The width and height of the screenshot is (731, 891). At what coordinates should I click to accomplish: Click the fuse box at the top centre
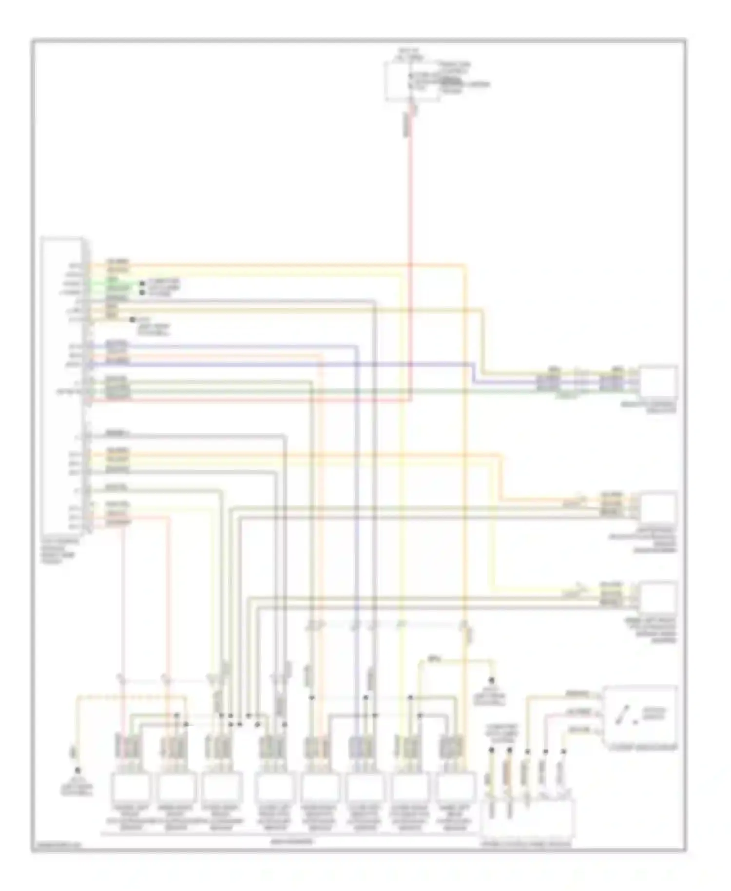(412, 81)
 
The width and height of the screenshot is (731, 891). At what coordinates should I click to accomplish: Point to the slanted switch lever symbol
(623, 716)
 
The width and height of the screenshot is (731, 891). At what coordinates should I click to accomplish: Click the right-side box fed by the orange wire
(658, 507)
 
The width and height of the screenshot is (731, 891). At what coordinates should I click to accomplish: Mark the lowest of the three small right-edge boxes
(658, 597)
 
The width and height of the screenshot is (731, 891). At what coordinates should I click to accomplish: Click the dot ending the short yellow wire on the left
(132, 320)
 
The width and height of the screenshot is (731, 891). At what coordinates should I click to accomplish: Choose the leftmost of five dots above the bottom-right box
(492, 751)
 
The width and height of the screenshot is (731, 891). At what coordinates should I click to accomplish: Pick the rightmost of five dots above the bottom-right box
(564, 751)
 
